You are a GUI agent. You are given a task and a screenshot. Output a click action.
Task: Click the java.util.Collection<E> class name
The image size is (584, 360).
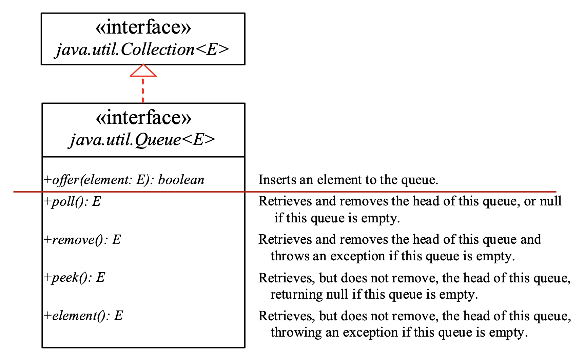point(142,50)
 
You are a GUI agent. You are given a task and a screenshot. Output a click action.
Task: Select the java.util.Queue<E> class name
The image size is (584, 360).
point(142,140)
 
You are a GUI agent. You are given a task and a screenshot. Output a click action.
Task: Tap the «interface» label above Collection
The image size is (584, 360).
point(143,27)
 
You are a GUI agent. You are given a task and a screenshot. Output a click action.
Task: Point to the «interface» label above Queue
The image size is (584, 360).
point(143,117)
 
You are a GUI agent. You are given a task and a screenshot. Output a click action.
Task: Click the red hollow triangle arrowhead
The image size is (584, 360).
point(143,71)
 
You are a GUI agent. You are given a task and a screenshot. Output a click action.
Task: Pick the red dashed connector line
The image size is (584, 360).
point(143,90)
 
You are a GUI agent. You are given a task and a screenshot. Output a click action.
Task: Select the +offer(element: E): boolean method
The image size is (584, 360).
point(124,180)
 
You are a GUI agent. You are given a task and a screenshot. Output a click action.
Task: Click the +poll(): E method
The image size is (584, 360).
point(73,201)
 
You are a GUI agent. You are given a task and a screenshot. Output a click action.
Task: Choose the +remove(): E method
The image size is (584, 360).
point(82,240)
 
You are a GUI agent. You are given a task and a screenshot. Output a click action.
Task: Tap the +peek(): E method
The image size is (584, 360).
point(75,277)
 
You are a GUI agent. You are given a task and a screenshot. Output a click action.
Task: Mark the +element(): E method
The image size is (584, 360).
point(83,316)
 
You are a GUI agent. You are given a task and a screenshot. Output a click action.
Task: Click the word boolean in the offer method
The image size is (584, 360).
point(181,180)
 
